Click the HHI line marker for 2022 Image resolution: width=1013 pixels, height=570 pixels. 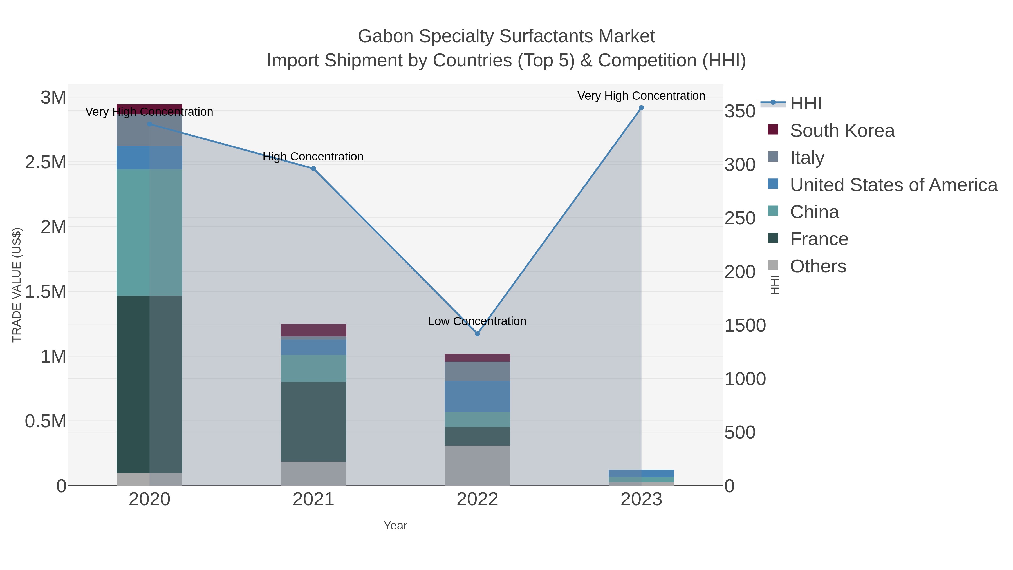click(x=478, y=334)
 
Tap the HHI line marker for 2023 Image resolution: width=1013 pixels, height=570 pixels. click(x=641, y=108)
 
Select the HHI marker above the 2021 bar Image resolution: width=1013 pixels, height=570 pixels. click(x=313, y=169)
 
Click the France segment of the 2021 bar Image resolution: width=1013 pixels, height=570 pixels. click(x=313, y=422)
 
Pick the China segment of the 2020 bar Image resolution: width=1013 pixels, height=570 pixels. click(x=149, y=233)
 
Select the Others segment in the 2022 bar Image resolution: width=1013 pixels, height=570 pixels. click(x=478, y=465)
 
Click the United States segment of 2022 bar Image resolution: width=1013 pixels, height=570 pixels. click(x=478, y=397)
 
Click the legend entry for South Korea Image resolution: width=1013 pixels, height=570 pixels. click(x=842, y=131)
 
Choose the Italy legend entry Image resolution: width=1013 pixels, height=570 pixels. click(x=807, y=158)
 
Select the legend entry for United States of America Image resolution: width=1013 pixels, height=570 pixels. click(x=893, y=185)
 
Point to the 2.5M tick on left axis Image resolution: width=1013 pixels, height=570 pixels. click(x=46, y=162)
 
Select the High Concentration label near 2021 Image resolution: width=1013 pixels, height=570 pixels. click(x=313, y=157)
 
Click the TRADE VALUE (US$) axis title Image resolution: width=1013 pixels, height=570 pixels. click(x=17, y=285)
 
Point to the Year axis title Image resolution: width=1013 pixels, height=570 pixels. click(x=395, y=526)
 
